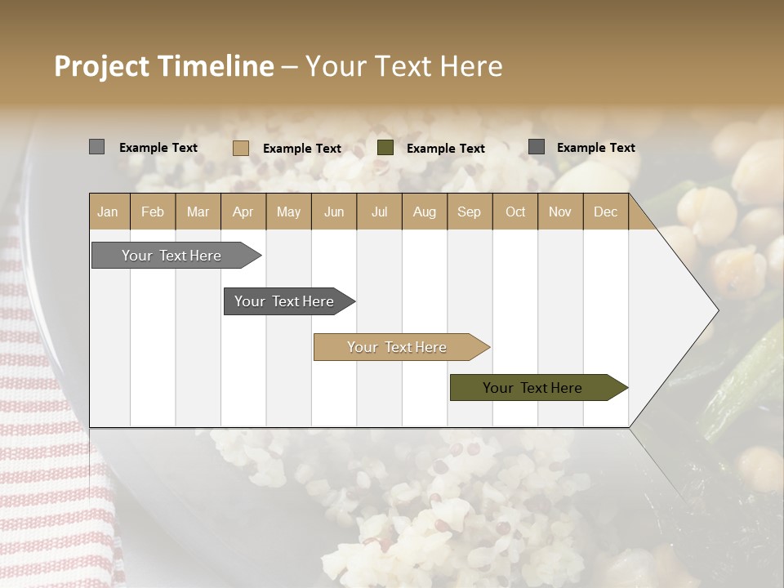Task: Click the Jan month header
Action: pos(108,212)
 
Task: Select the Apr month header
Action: pos(243,212)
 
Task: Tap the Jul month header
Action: pos(379,212)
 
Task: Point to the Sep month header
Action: pos(469,212)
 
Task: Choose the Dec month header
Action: pos(605,212)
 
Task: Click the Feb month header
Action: pos(153,212)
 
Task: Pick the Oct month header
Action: pos(515,212)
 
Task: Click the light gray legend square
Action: pos(96,147)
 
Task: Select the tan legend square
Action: pos(240,148)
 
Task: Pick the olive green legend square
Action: pos(385,148)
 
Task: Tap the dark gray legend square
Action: pos(537,147)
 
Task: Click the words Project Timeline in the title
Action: pos(163,66)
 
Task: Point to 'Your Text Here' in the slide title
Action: pos(403,66)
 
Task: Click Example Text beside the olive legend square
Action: pos(445,149)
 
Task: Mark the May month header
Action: pos(288,212)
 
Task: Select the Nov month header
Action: pos(560,212)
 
